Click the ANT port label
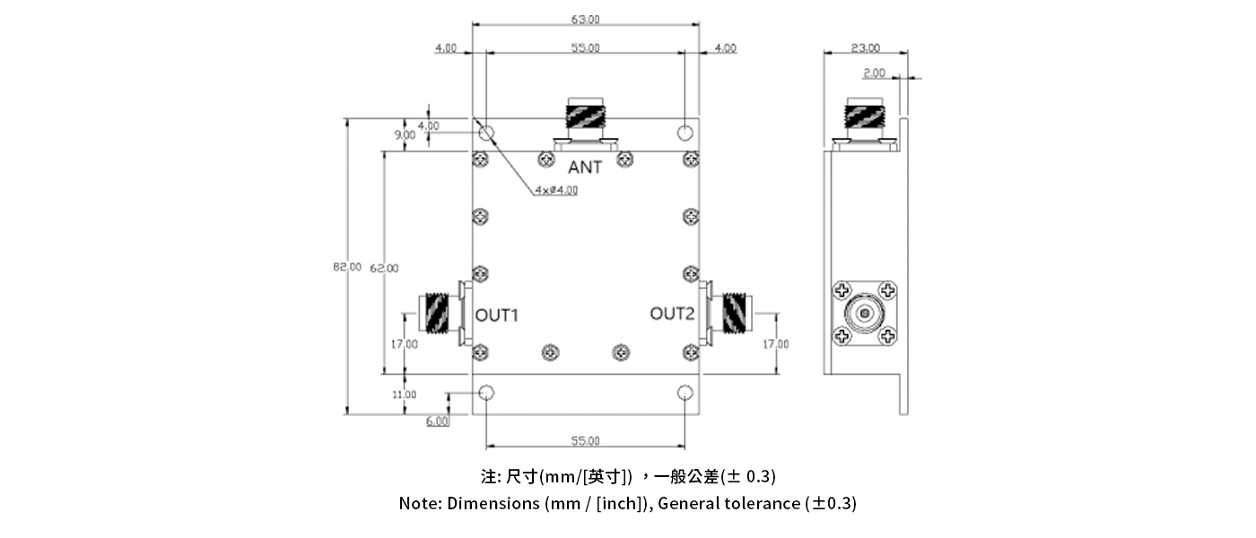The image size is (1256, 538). point(585,167)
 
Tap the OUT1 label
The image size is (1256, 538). point(497,316)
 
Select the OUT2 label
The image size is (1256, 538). point(672,314)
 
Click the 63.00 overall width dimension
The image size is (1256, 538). point(585,19)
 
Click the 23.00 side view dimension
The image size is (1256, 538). point(866,48)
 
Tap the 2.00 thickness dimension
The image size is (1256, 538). point(874,73)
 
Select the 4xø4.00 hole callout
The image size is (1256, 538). point(556,190)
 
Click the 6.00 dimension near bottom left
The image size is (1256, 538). point(438,421)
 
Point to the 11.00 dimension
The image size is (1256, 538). point(404,394)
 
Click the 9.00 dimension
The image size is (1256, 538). point(405,134)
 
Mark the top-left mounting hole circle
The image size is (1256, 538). point(486,134)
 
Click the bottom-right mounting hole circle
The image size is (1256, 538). point(685,393)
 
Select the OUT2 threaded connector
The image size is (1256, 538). point(733,313)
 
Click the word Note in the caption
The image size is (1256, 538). point(419,503)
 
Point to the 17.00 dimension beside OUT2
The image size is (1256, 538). point(775,344)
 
